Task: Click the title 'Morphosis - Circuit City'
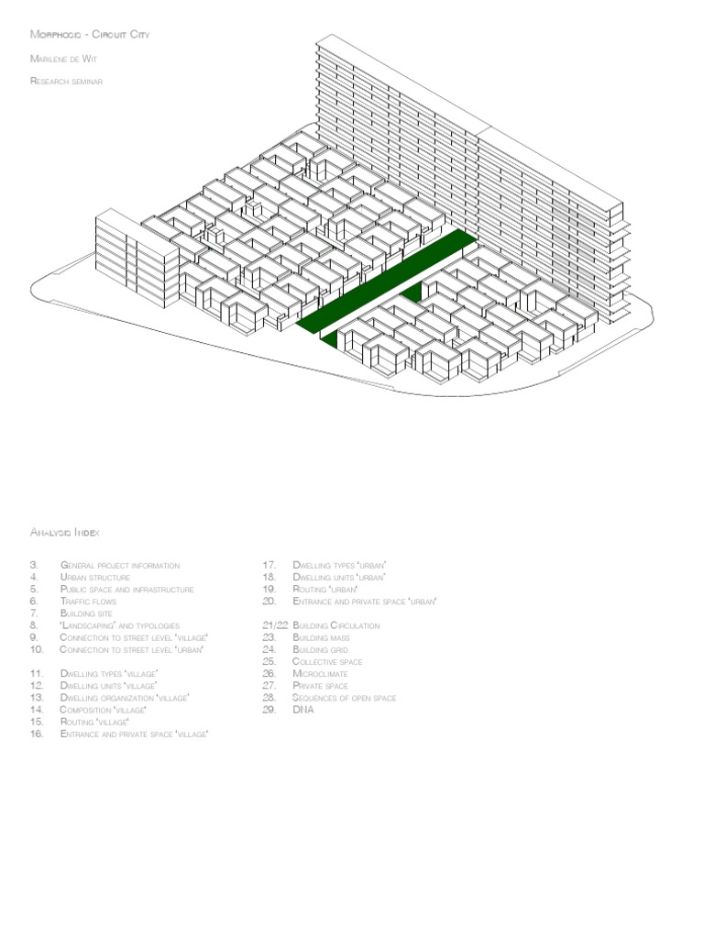[x=89, y=35]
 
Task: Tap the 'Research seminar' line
[x=66, y=81]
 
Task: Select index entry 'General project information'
[x=119, y=566]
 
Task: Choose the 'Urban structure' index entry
[x=95, y=578]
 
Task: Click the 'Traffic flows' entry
[x=88, y=602]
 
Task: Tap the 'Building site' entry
[x=86, y=613]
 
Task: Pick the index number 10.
[x=37, y=649]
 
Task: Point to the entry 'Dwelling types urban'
[x=338, y=566]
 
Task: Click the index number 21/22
[x=274, y=625]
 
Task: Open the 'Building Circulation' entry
[x=335, y=625]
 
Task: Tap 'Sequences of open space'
[x=344, y=698]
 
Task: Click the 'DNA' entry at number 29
[x=302, y=710]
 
